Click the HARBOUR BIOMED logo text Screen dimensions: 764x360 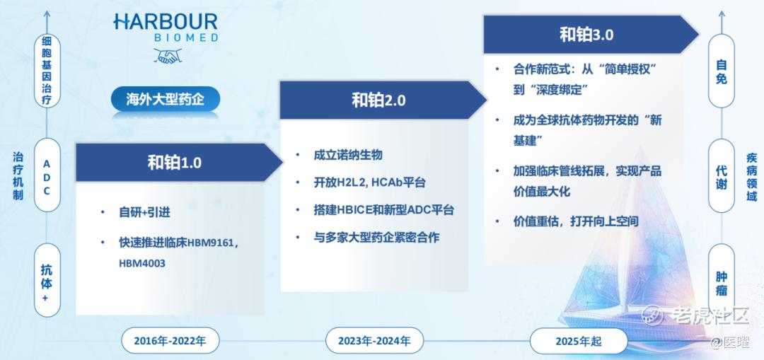pos(166,28)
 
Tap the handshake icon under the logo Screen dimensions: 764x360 pos(167,56)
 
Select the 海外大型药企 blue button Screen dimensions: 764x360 pos(165,100)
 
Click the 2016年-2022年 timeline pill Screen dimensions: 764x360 pos(170,340)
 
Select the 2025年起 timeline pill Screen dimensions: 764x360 pos(579,340)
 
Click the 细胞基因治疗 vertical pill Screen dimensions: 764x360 pos(47,71)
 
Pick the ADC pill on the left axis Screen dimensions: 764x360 pos(47,175)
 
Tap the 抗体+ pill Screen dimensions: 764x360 pos(47,280)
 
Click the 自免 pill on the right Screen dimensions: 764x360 pos(721,71)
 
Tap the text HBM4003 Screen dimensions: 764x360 pos(142,264)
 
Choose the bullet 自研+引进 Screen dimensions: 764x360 pos(145,213)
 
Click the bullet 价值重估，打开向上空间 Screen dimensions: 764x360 pos(575,221)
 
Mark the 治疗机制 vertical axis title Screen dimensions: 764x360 pos(18,175)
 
